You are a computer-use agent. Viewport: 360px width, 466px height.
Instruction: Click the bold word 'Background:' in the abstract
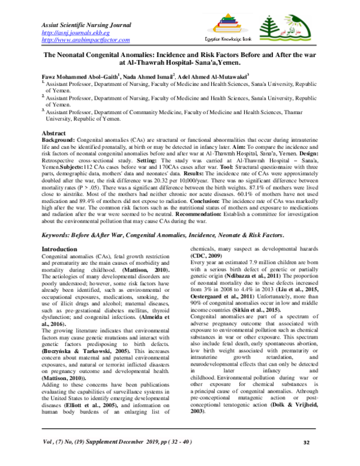coord(58,138)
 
